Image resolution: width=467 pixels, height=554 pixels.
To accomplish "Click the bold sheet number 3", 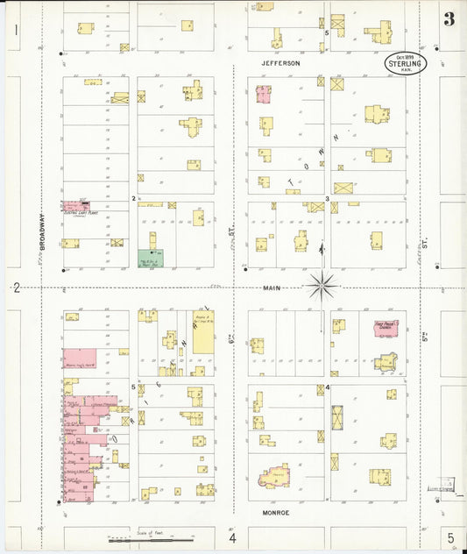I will [449, 19].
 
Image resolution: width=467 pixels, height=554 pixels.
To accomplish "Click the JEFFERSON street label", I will [280, 64].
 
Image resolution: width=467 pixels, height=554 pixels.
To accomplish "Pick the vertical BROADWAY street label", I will [40, 233].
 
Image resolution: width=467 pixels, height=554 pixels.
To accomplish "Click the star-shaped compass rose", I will [323, 284].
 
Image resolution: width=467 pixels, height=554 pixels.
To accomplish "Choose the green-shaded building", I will [149, 259].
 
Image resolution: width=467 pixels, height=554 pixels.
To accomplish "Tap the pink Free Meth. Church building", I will [384, 330].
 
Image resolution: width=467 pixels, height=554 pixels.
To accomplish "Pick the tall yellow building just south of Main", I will [203, 330].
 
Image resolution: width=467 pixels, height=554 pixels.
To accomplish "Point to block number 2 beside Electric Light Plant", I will [133, 199].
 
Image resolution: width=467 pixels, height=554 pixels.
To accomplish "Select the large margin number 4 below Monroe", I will [233, 537].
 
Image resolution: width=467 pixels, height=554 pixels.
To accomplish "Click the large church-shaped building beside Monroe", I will [277, 475].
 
